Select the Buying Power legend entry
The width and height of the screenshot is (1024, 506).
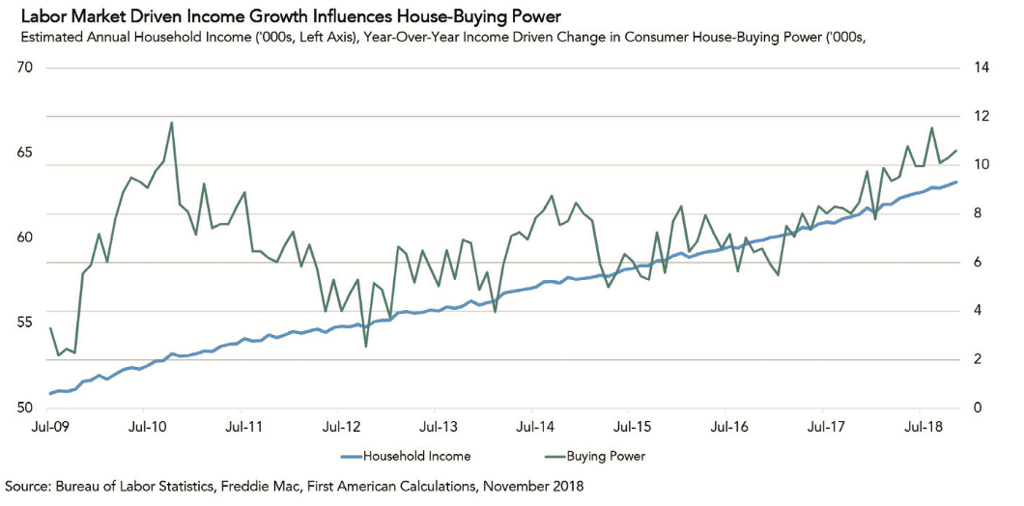point(605,456)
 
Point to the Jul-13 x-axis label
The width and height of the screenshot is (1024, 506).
point(437,426)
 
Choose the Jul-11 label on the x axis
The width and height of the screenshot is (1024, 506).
point(243,426)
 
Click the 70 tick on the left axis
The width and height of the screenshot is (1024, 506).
point(25,68)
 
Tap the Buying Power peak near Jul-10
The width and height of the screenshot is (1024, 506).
point(172,123)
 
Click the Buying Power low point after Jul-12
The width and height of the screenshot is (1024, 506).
point(366,346)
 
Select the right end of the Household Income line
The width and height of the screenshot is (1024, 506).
point(956,182)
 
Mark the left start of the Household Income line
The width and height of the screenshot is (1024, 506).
point(50,393)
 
